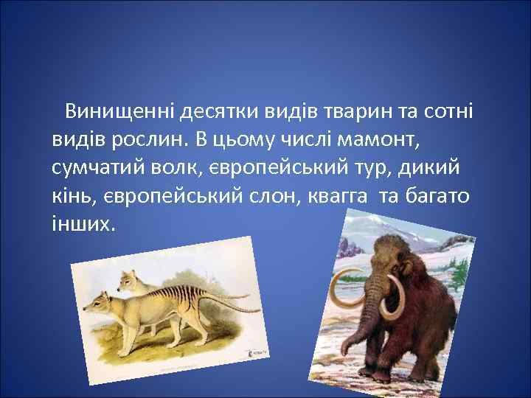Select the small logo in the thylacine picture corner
pos(257,352)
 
